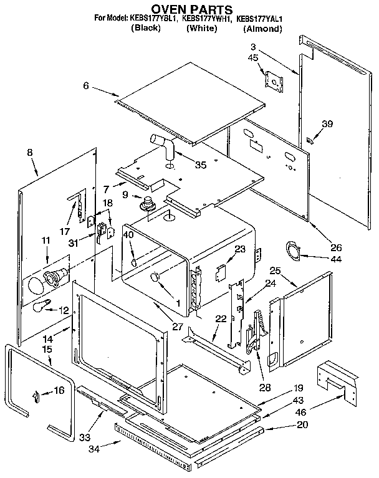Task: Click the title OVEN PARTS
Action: click(x=189, y=9)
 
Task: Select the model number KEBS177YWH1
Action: click(x=206, y=19)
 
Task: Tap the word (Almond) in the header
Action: click(x=262, y=29)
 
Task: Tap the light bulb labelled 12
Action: click(x=41, y=305)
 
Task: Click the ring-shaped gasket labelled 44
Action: click(x=292, y=250)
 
